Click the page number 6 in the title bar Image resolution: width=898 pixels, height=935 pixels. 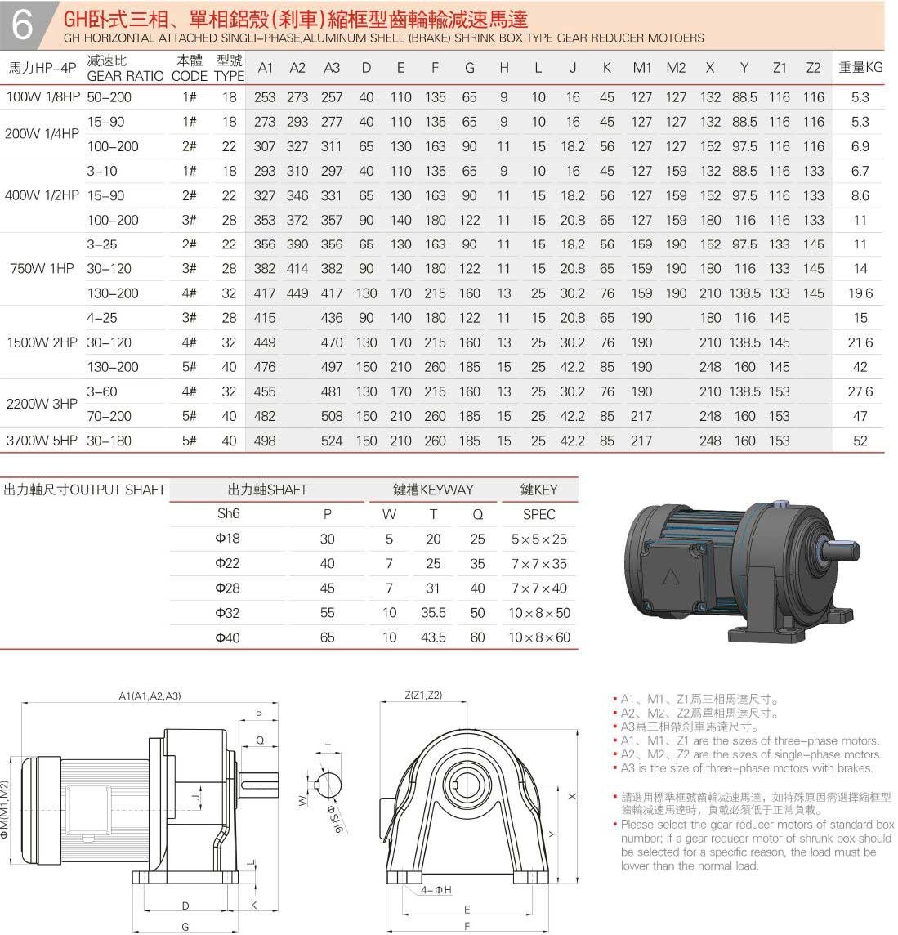22,25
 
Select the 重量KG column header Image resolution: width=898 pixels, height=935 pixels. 860,68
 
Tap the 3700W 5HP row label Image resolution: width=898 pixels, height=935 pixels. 42,441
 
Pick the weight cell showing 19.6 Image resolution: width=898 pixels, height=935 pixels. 860,293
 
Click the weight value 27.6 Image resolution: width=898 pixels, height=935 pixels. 860,391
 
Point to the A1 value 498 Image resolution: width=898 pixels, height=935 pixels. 265,441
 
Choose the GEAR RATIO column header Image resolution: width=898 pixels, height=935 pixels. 125,75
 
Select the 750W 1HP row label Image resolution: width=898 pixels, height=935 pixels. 42,269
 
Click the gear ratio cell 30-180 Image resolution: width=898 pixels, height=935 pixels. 109,441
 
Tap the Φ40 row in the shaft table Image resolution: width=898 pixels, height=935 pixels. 227,637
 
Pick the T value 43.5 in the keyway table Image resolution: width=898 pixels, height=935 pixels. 433,637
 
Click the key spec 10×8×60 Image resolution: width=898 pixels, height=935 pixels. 538,637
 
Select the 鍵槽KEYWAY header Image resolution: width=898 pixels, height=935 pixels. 433,490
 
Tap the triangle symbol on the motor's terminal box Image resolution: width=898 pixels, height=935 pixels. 672,577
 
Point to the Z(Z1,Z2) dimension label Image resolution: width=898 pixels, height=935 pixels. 423,696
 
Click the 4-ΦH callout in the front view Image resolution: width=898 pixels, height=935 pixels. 436,889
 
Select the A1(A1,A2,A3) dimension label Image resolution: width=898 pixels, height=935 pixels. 150,696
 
